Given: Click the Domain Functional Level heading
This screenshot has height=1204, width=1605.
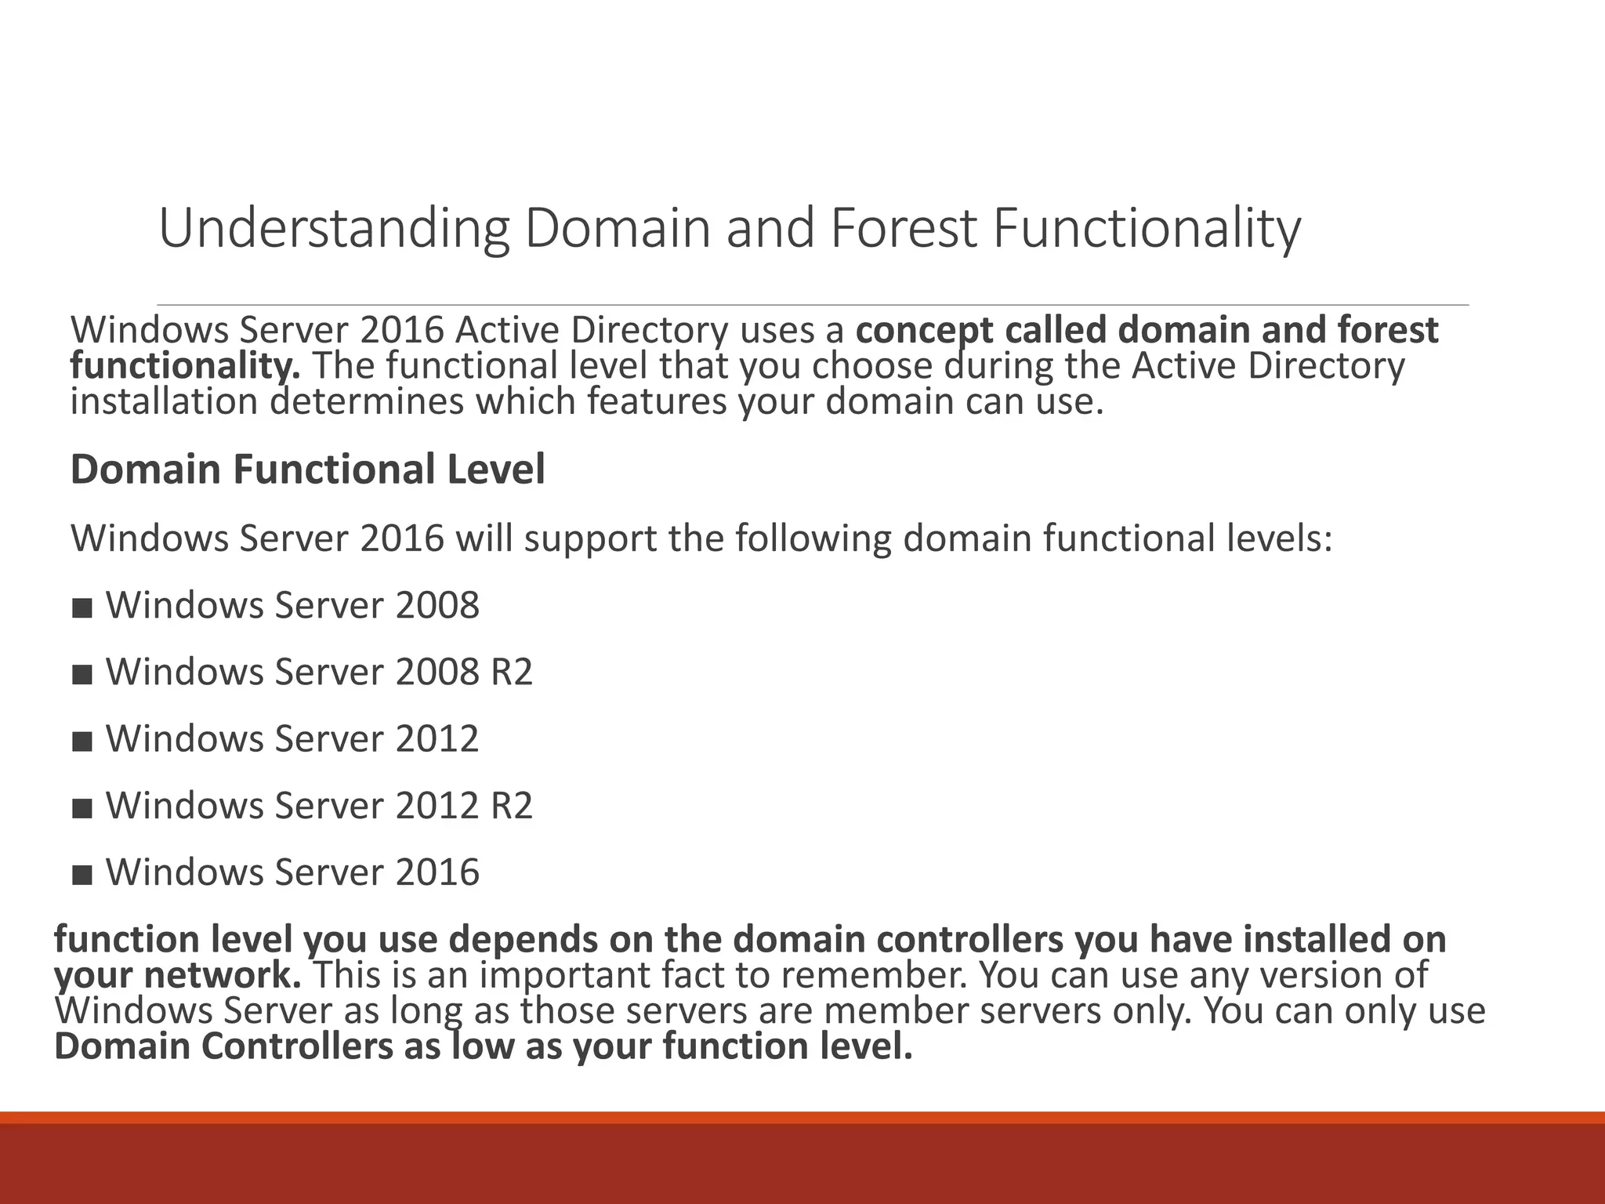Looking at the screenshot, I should pos(307,470).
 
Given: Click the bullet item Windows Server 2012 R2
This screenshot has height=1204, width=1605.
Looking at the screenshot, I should pos(319,806).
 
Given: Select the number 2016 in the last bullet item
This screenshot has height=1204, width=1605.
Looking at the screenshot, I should pos(437,872).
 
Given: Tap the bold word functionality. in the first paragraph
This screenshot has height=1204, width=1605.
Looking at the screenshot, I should pos(185,366).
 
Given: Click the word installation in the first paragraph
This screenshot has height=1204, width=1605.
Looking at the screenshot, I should pos(164,402).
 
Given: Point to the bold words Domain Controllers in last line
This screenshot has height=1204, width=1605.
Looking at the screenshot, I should pos(223,1047).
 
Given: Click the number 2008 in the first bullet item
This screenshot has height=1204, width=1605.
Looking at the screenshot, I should pos(437,606).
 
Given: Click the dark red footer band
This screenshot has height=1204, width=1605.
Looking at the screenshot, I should pos(802,1168).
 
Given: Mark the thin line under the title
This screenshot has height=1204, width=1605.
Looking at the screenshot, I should pos(812,304).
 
